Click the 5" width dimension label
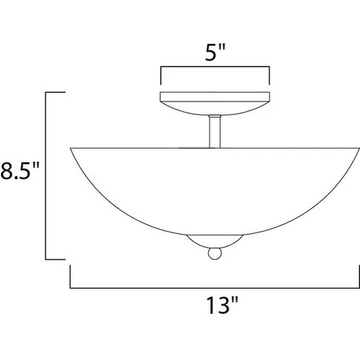tap(215, 53)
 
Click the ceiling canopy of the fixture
tap(215, 101)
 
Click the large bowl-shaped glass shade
tap(215, 187)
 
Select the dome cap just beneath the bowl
tap(215, 241)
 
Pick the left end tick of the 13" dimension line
tap(71, 276)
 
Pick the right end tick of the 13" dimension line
tap(359, 276)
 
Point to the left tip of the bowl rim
tap(71, 147)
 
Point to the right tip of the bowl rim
tap(358, 147)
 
